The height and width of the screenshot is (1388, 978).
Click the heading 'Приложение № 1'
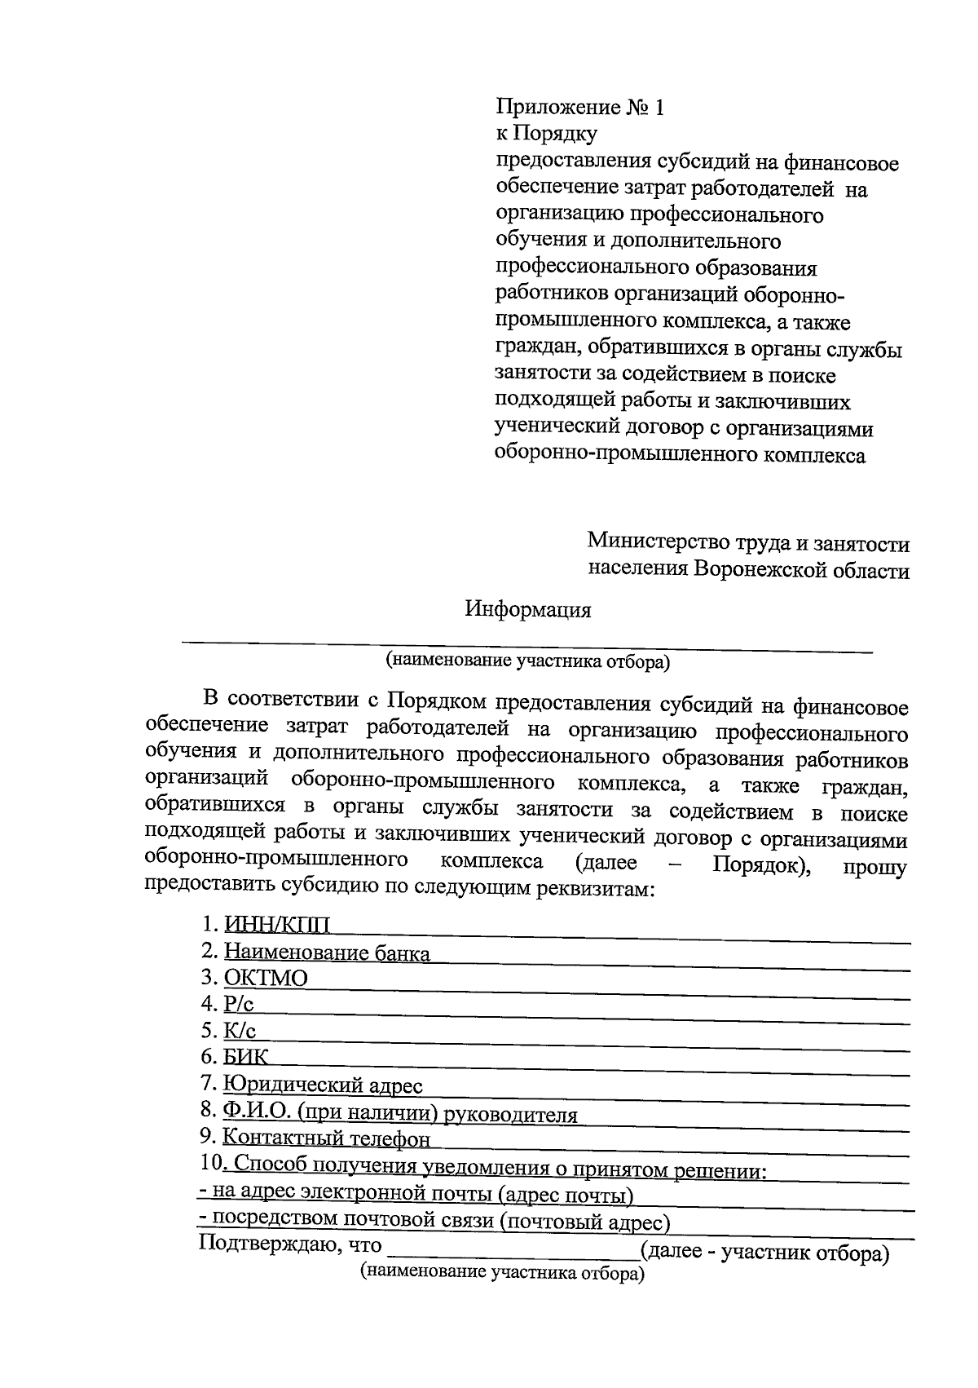click(x=580, y=107)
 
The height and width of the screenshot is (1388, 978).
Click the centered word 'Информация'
click(x=528, y=609)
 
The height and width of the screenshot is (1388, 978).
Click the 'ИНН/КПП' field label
click(x=277, y=925)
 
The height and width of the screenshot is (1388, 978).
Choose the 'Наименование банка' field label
click(x=326, y=953)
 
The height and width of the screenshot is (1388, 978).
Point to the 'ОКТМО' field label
click(x=266, y=978)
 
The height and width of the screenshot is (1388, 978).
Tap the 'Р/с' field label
click(x=239, y=1004)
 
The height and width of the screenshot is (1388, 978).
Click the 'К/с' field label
click(x=240, y=1031)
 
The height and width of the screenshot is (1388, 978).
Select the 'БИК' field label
click(x=245, y=1058)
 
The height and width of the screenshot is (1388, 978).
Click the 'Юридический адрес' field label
click(x=323, y=1085)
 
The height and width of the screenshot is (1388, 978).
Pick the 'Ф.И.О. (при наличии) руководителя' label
click(x=399, y=1114)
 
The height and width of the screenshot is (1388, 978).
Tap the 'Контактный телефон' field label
click(x=326, y=1139)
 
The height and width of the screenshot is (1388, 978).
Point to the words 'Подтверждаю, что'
click(x=290, y=1245)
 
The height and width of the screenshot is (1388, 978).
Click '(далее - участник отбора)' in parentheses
click(x=764, y=1252)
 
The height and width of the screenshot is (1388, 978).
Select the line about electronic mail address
click(x=416, y=1196)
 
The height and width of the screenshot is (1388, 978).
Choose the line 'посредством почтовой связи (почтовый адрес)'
click(x=434, y=1221)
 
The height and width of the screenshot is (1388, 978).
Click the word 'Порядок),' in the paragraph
click(x=761, y=864)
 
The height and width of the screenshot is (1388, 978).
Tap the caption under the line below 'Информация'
click(x=527, y=662)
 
